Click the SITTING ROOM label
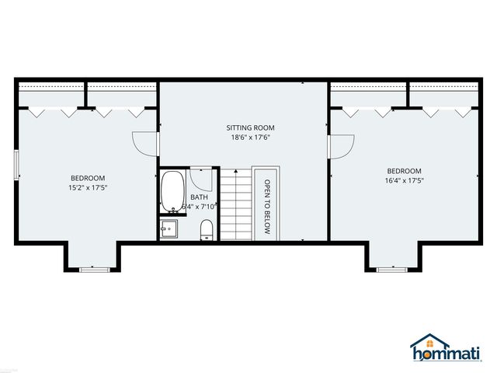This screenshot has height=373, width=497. (x=250, y=127)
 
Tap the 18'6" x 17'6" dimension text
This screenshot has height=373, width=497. (x=250, y=138)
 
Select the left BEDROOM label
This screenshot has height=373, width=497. (x=87, y=178)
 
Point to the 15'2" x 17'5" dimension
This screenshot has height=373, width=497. (x=87, y=187)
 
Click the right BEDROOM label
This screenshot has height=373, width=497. (x=404, y=171)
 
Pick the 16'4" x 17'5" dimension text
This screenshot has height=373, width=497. (x=404, y=181)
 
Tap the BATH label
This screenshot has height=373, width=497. (x=199, y=197)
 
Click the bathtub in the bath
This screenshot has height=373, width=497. (x=172, y=192)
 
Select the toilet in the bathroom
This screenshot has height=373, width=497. (x=207, y=229)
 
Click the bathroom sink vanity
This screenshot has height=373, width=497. (x=169, y=229)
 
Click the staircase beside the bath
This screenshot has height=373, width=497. (x=235, y=204)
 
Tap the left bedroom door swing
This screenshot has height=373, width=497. (x=145, y=142)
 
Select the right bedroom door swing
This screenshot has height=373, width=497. (x=342, y=145)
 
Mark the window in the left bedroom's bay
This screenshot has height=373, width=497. (x=92, y=269)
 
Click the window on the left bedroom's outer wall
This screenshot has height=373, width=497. (x=16, y=166)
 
